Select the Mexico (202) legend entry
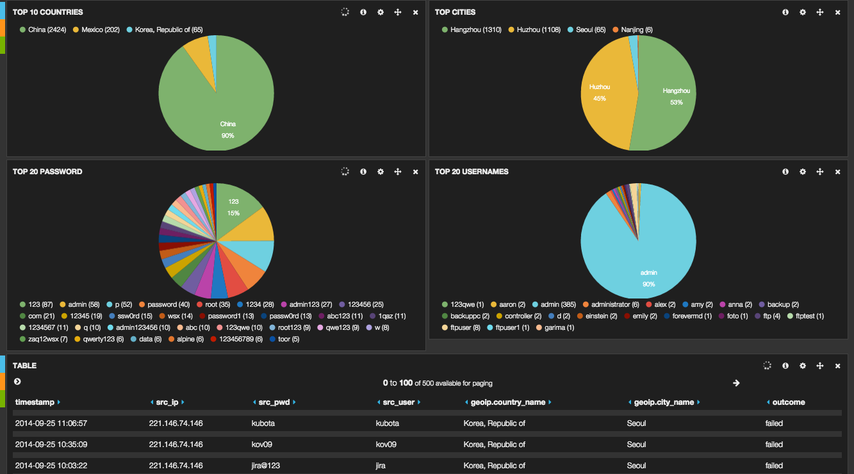100,29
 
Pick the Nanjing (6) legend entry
636,29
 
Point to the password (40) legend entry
165,304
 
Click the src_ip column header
166,402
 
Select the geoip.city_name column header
663,402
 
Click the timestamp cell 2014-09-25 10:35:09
51,444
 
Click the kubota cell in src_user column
387,423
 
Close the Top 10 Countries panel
415,12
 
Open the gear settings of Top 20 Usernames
802,172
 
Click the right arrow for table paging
736,383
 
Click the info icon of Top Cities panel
785,12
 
